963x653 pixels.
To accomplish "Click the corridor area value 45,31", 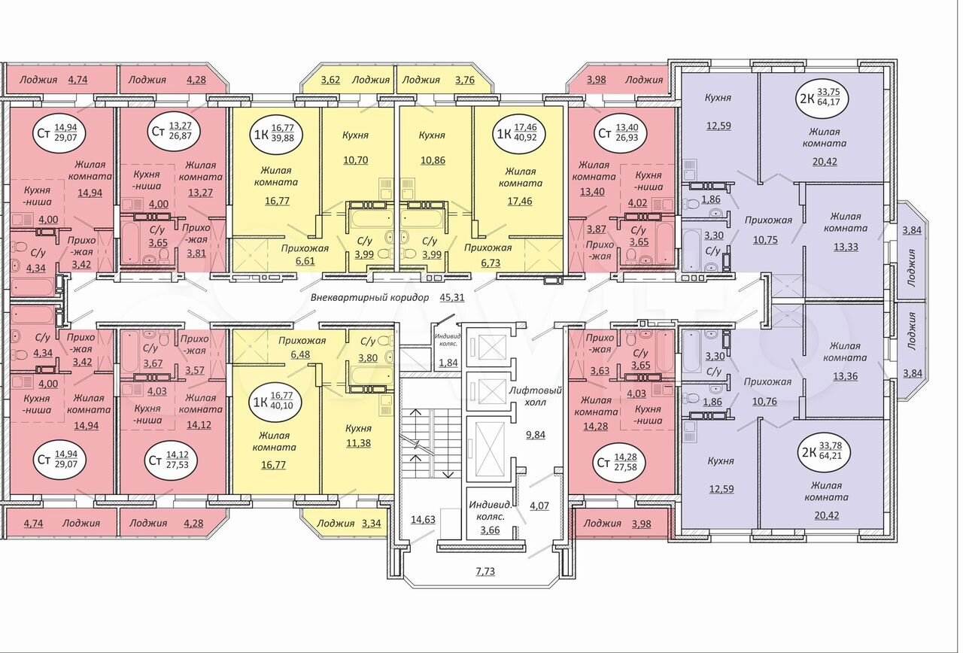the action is [452, 297].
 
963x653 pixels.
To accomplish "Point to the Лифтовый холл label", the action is [536, 396].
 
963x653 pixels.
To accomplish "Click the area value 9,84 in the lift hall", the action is [536, 435].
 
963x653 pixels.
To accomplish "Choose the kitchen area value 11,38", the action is [359, 443].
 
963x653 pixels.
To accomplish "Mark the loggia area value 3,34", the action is [371, 523].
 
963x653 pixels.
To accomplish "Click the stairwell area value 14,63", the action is [423, 519].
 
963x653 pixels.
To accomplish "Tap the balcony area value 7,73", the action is [485, 571].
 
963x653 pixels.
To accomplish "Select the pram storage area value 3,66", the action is [490, 530].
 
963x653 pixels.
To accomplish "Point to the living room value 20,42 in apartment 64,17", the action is [825, 162].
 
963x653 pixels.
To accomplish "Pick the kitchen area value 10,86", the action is [433, 160].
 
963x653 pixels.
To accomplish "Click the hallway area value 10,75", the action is [765, 240].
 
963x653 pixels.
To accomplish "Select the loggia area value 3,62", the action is [331, 80].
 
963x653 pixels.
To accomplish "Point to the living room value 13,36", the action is [845, 376].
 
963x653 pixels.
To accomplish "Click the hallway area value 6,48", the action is [300, 355].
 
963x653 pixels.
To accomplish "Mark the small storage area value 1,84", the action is [448, 363].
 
